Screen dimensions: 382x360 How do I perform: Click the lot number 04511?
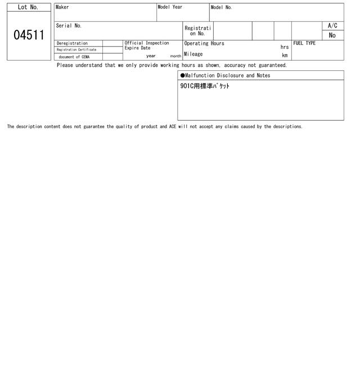click(x=29, y=35)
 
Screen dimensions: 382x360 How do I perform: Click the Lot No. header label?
click(x=28, y=7)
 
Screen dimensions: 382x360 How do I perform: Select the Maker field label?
click(x=62, y=7)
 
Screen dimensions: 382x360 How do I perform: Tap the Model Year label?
click(x=170, y=7)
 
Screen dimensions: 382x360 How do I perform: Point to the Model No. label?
click(x=221, y=7)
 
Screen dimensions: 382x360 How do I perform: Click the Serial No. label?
click(x=69, y=26)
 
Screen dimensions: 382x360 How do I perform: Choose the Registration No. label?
click(x=197, y=31)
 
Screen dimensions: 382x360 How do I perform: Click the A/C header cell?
click(x=332, y=26)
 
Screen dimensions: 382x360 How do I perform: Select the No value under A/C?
click(x=332, y=35)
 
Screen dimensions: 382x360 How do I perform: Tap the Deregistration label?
click(x=72, y=43)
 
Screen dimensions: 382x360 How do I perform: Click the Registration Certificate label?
click(x=76, y=50)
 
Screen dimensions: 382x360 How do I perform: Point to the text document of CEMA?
click(x=74, y=57)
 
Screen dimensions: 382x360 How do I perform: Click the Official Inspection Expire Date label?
click(x=146, y=46)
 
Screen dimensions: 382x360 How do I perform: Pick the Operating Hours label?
click(x=204, y=43)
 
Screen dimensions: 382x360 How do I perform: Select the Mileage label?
click(x=193, y=54)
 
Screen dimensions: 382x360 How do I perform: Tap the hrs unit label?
click(x=285, y=47)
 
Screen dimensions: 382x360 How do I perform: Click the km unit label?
click(x=285, y=56)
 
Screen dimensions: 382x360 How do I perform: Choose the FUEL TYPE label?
click(x=304, y=43)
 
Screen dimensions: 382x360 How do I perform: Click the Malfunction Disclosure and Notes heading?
click(x=225, y=75)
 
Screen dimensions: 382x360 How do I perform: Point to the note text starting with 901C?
click(x=205, y=87)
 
